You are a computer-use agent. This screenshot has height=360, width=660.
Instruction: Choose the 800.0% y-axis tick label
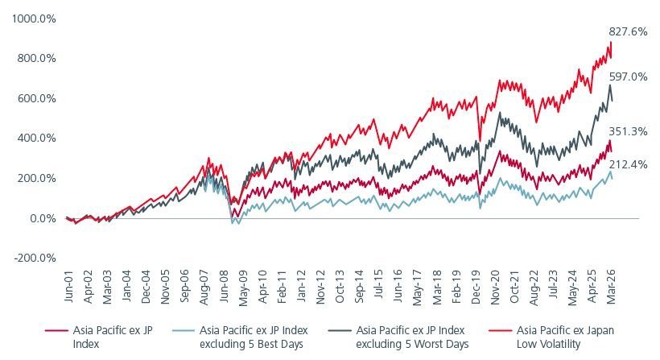(36, 58)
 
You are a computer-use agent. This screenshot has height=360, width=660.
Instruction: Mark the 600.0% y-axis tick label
(36, 98)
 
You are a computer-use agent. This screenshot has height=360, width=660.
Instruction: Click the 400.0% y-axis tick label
(36, 138)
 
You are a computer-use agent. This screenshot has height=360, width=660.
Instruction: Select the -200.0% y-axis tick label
(35, 258)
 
